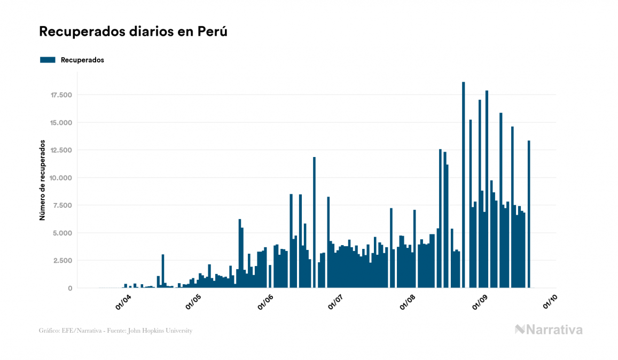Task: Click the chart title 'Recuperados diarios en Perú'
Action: (x=133, y=32)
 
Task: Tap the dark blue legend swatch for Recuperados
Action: (x=48, y=60)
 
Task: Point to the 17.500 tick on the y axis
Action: (x=61, y=95)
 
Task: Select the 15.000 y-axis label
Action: (x=61, y=123)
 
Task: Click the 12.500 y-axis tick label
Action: (x=61, y=150)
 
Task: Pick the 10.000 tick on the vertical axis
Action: (x=61, y=178)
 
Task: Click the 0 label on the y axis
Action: (x=69, y=288)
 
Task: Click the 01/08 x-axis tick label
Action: (x=408, y=302)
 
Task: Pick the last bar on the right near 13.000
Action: (x=529, y=214)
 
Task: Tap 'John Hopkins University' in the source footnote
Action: (x=165, y=331)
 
